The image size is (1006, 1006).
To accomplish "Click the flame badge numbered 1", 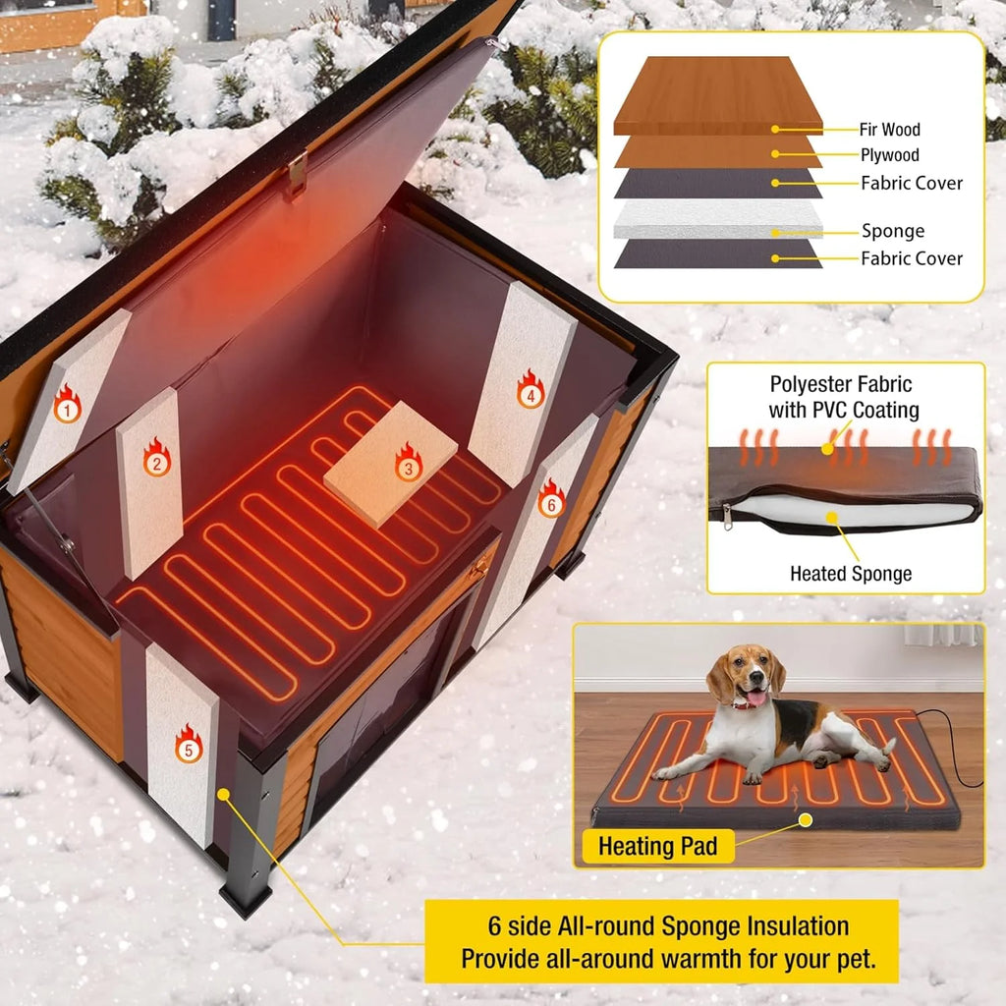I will coord(67,405).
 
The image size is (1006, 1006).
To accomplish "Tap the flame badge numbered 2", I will coord(156,458).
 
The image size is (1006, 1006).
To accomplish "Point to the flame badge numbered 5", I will coord(188,744).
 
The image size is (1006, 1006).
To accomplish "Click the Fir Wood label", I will coord(890,130).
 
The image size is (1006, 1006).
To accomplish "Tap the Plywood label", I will coord(890,155).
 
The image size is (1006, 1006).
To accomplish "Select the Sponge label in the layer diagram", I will coord(892,232).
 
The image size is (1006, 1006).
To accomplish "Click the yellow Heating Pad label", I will coord(657,845).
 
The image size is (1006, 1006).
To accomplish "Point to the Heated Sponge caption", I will coord(851,574).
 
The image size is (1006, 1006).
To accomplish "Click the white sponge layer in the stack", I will coord(718,220).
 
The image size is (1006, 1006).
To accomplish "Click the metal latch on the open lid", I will coord(298,172).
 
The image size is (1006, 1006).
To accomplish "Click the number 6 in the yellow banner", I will coord(494,925).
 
